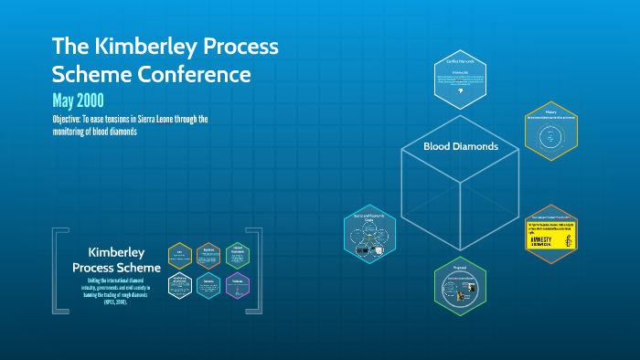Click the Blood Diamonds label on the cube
(x=460, y=146)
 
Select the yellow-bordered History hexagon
(x=551, y=132)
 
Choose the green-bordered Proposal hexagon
(x=460, y=288)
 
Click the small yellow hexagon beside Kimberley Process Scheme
(x=180, y=255)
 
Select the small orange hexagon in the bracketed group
(x=208, y=255)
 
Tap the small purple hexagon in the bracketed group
(x=237, y=285)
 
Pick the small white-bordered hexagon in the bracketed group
(x=180, y=285)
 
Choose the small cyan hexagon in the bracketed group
(x=208, y=285)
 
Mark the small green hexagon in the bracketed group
(x=237, y=255)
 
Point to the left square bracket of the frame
(x=57, y=271)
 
